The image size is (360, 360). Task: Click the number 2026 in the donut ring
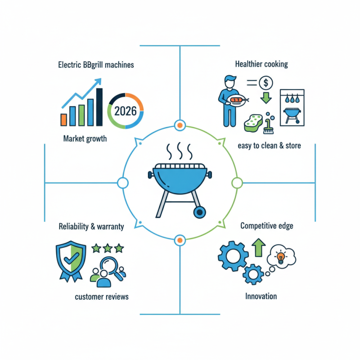pos(126,111)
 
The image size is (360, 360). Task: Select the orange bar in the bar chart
pos(63,120)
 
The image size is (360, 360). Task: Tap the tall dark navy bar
pos(99,107)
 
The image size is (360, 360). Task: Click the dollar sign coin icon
pos(266,83)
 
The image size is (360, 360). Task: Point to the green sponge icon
pos(253,123)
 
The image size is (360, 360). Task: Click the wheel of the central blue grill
pos(199,212)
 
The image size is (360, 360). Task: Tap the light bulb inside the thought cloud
pos(280,257)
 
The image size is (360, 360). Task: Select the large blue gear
pos(233,256)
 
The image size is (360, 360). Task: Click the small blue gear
pos(253,274)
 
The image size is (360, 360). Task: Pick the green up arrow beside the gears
pos(258,247)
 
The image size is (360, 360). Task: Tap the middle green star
pos(108,248)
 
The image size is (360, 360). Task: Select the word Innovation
pos(261,296)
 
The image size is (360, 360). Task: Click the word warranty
pos(110,227)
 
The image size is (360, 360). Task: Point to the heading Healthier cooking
pos(261,64)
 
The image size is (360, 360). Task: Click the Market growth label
pos(85,139)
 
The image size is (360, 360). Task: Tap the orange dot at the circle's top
pos(180,126)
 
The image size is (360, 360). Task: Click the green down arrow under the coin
pos(266,98)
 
